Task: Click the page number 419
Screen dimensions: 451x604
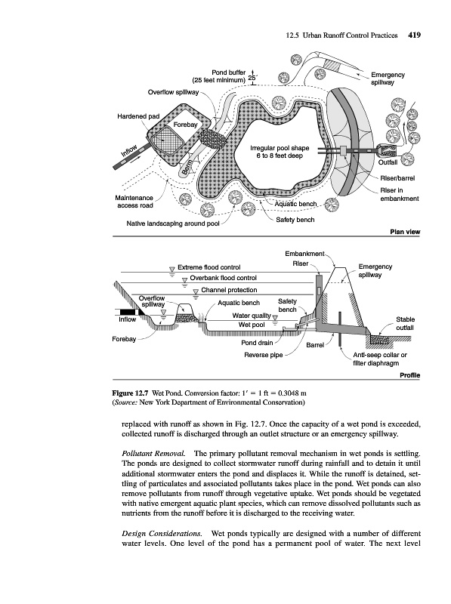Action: [x=414, y=35]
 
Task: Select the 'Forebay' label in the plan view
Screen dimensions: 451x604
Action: [x=185, y=125]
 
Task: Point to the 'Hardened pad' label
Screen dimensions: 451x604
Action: [x=138, y=116]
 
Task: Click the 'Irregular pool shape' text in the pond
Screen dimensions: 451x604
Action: [x=280, y=148]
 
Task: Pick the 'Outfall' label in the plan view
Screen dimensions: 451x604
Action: [x=388, y=162]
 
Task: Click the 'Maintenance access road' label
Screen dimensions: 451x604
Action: [x=134, y=202]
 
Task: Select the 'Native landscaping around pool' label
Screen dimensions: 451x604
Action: [x=173, y=223]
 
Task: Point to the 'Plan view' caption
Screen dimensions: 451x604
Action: [x=405, y=232]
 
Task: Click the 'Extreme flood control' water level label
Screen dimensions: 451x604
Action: [x=209, y=267]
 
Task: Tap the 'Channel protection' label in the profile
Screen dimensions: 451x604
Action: [x=229, y=290]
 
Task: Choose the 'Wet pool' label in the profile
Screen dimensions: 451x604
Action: [x=252, y=325]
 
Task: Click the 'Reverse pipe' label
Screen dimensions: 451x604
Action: [x=264, y=355]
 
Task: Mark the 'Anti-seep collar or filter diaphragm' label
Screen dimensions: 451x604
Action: [x=380, y=359]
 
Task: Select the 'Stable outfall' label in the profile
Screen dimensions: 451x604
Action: [x=405, y=324]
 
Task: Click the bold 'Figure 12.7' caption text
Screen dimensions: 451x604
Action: [x=130, y=393]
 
